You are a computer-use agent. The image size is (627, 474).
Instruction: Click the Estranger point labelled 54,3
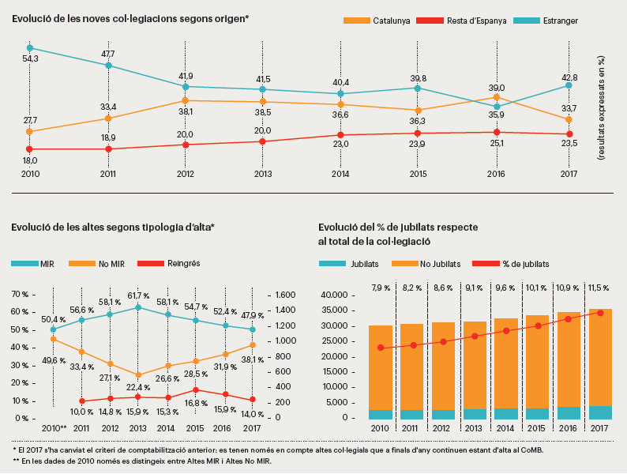coord(30,47)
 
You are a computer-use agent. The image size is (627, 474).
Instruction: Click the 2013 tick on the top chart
coord(262,174)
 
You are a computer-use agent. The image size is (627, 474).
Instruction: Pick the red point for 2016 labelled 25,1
coord(496,133)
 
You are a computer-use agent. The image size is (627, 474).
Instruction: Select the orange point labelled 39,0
coord(496,97)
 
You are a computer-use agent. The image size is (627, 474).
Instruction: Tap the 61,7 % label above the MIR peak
coord(139,295)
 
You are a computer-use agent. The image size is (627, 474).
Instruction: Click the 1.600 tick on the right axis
coord(281,295)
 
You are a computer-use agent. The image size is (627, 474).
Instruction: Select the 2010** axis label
coord(52,427)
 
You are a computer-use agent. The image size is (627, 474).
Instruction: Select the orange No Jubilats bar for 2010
coord(381,367)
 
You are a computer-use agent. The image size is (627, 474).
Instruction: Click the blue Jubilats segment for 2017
coord(601,412)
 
